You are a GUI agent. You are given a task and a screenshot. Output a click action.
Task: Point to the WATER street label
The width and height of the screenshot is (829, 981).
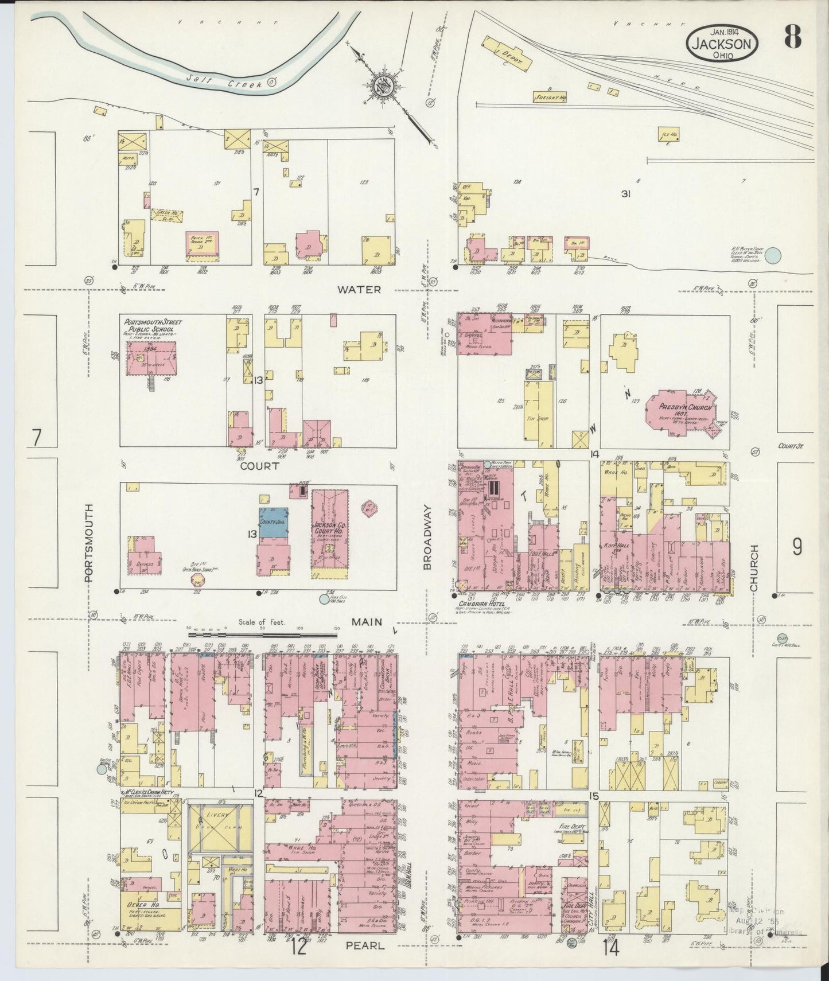[x=359, y=290]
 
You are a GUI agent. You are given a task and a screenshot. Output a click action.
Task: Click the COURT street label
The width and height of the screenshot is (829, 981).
[x=259, y=466]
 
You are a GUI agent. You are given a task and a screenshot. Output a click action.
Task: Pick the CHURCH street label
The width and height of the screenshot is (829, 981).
[x=754, y=568]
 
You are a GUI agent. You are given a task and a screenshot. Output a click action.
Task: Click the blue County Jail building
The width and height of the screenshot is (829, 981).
[x=273, y=521]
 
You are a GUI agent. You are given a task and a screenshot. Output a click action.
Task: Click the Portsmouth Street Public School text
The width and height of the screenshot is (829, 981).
[x=152, y=326]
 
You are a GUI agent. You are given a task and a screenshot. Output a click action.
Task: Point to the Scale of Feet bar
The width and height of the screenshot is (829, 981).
[x=262, y=633]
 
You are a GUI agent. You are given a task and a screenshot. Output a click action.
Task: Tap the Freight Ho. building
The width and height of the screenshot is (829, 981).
[x=550, y=97]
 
